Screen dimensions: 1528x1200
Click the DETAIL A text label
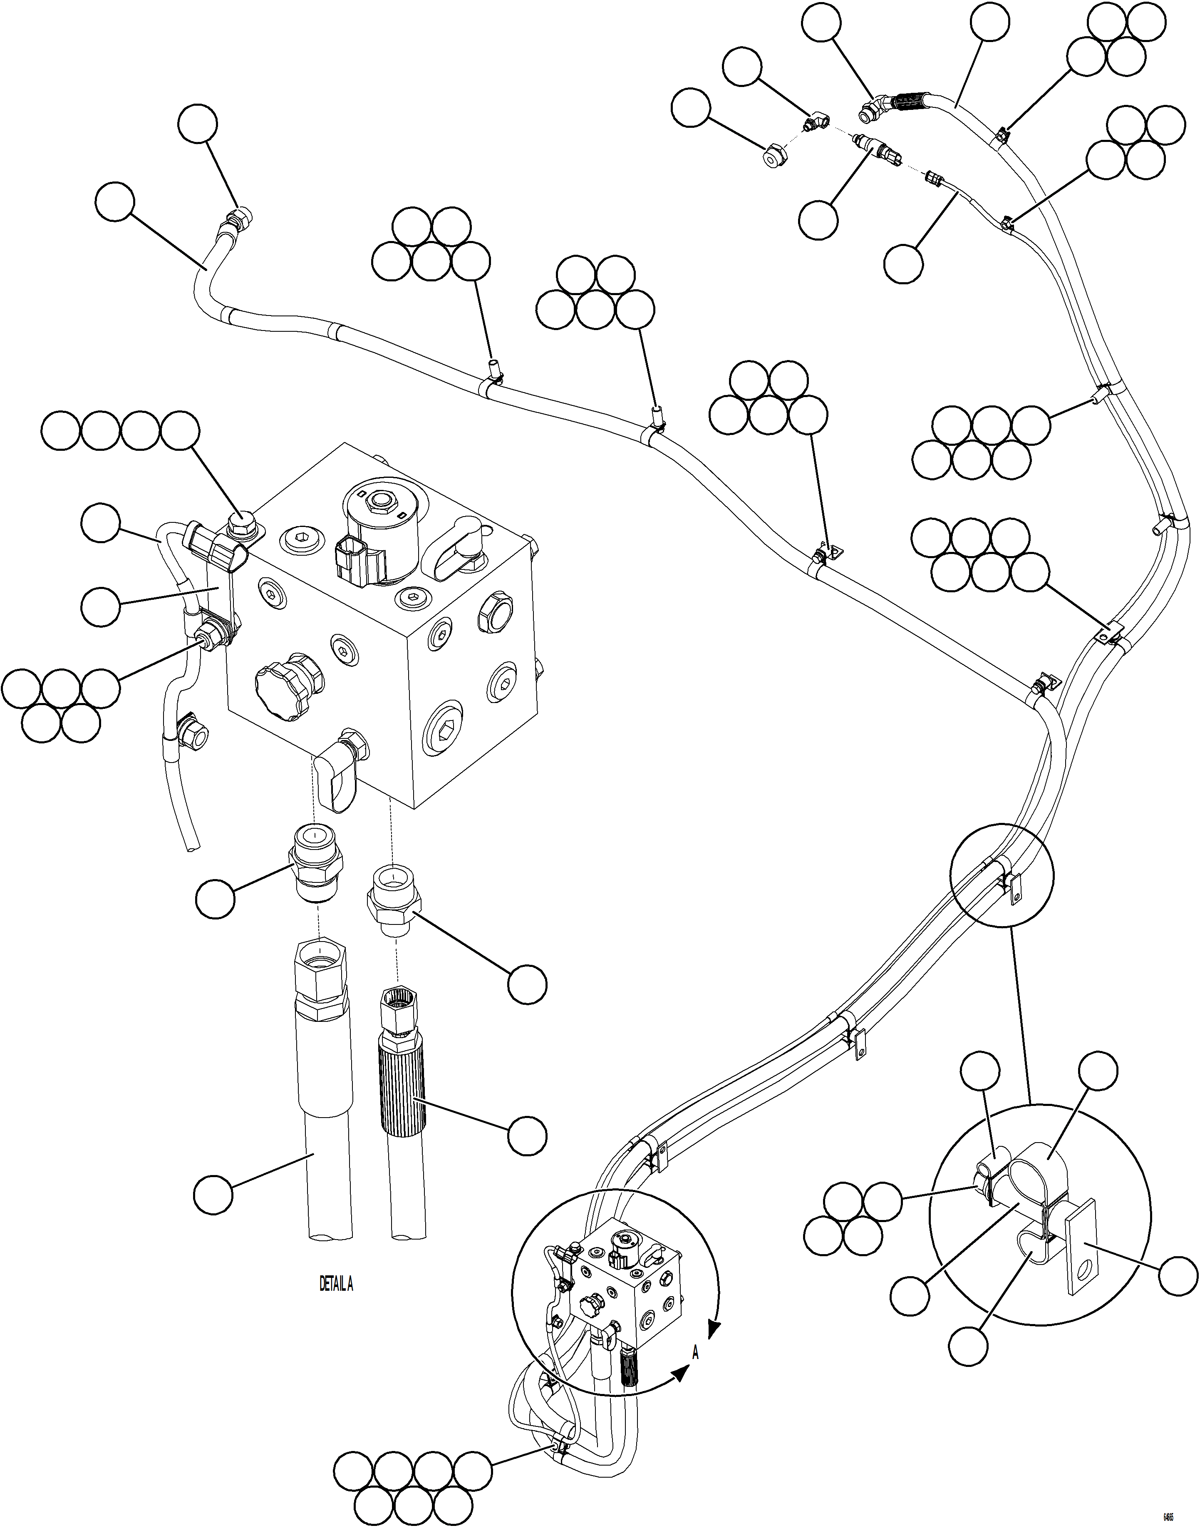(x=336, y=1284)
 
